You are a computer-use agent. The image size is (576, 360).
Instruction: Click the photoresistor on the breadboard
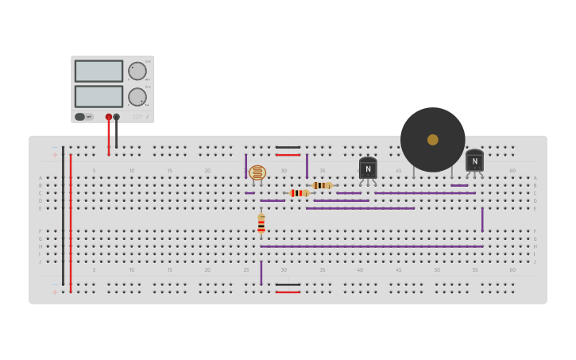[257, 172]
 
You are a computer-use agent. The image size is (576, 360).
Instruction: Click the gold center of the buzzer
[432, 140]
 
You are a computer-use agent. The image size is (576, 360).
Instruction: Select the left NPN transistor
[368, 168]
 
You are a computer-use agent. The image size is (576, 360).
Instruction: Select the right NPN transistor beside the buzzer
[474, 161]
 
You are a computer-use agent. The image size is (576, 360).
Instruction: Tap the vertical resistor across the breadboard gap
[261, 224]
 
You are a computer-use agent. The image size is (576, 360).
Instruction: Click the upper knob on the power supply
[137, 71]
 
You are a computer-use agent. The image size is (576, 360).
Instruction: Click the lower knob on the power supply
[137, 97]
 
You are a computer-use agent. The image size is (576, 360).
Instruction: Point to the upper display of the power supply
[99, 71]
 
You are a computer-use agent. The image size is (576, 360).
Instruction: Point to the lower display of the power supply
[99, 96]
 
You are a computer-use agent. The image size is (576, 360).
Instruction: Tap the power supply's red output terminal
[109, 117]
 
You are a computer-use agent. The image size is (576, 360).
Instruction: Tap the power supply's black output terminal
[116, 117]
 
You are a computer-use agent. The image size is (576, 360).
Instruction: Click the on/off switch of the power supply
[80, 117]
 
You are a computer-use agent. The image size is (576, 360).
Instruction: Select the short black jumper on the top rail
[288, 147]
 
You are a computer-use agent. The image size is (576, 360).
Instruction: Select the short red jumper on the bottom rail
[288, 292]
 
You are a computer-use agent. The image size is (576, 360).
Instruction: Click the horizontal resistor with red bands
[299, 192]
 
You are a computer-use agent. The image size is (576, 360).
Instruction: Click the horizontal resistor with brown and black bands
[322, 185]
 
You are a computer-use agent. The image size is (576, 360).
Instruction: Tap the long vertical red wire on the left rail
[71, 223]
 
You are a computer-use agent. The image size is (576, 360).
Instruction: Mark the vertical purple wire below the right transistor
[481, 219]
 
